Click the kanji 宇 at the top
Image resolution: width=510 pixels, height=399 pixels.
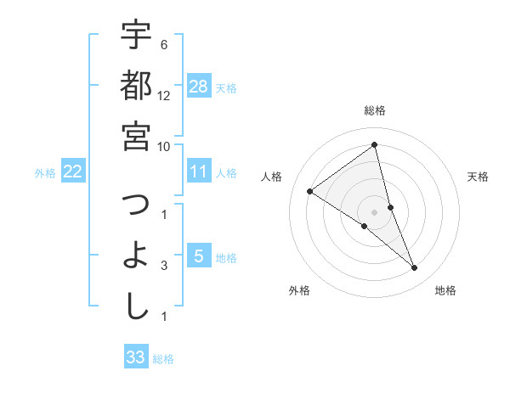pos(136,36)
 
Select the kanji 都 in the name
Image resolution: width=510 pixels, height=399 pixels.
pos(136,85)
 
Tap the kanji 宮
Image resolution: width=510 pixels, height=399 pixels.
pos(136,136)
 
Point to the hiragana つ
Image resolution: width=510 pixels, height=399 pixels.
pos(136,205)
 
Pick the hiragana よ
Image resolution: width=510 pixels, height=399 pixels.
pos(136,256)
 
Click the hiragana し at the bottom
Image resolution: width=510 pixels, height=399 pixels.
pos(136,306)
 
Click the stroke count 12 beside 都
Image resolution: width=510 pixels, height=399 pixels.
pos(165,95)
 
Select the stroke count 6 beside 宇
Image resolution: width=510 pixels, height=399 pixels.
pos(163,45)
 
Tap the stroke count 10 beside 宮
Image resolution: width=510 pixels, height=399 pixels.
pos(165,146)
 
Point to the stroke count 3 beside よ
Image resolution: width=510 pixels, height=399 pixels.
pos(163,266)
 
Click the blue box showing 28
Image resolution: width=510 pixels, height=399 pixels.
pos(199,86)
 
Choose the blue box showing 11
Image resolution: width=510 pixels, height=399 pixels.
pos(199,171)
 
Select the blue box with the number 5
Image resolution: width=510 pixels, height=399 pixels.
pos(199,256)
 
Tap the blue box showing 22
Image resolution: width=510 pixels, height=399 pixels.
pos(72,171)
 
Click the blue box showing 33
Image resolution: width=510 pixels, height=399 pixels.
pos(136,357)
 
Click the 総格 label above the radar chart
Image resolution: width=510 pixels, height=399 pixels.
pos(375,110)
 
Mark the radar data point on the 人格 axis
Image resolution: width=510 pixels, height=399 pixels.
pos(310,191)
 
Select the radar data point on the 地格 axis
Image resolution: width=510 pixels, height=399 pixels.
pos(415,268)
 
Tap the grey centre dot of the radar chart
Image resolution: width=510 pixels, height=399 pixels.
pos(375,211)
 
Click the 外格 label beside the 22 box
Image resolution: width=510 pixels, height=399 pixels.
pos(45,173)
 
